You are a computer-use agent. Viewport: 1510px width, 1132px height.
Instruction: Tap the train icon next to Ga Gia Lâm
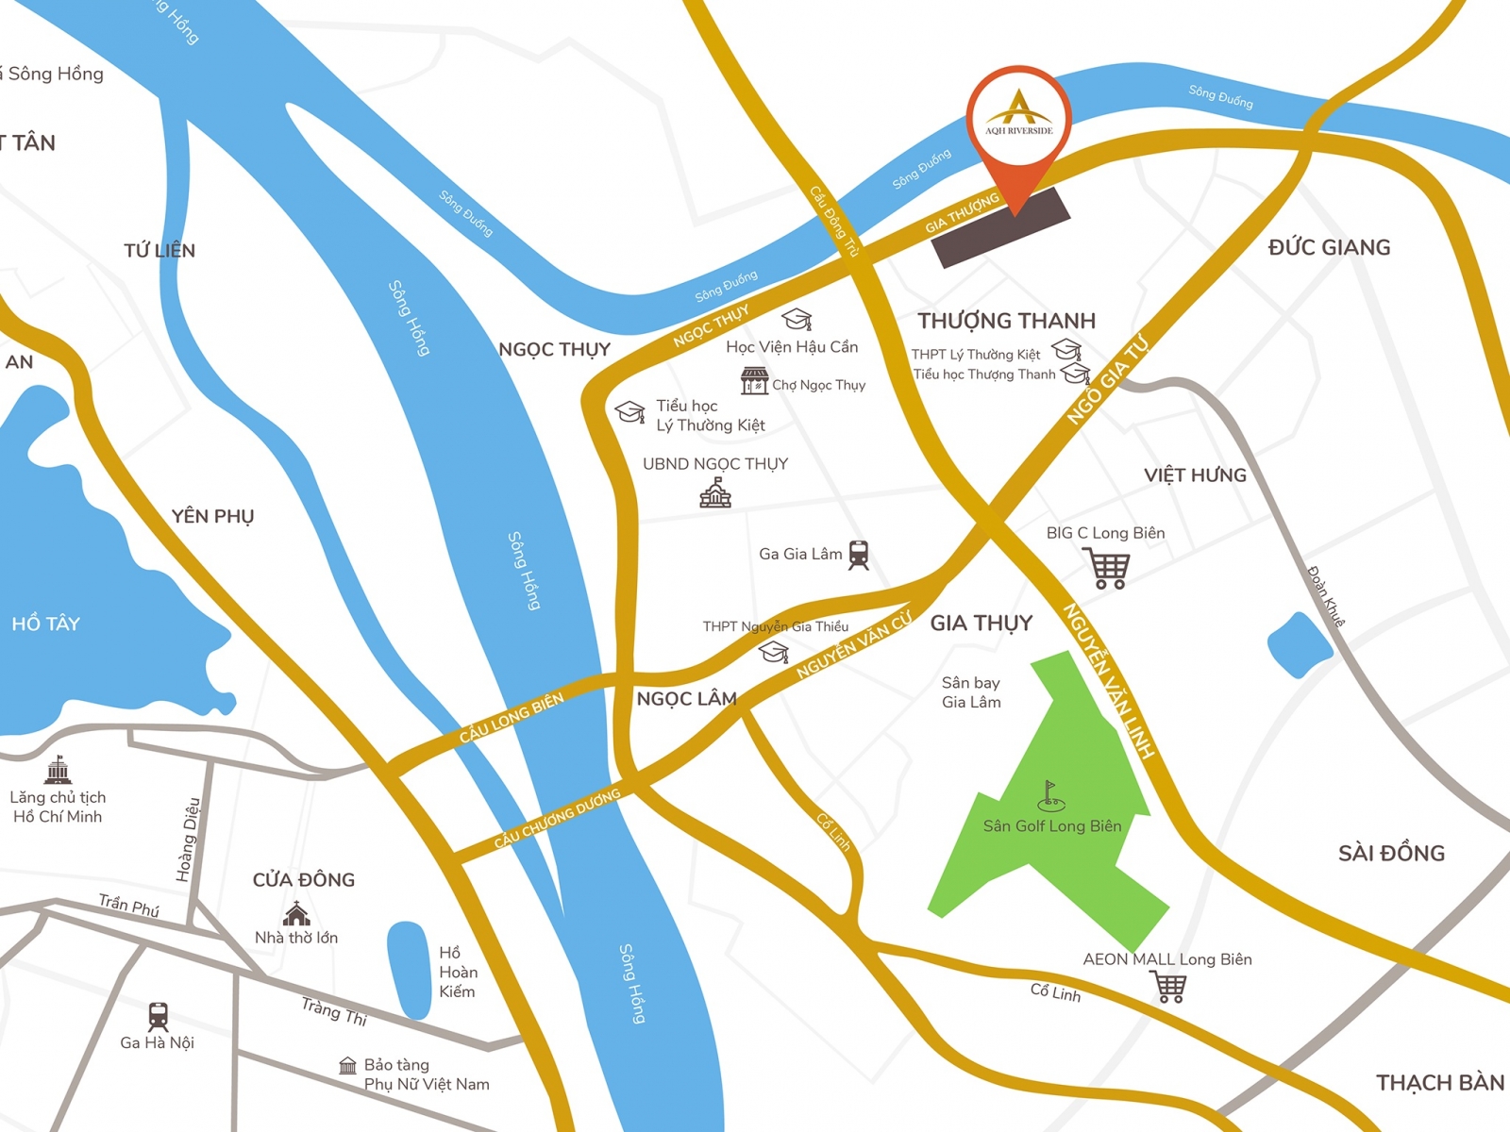point(858,555)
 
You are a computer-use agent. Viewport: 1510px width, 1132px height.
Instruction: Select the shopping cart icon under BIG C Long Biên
point(1108,568)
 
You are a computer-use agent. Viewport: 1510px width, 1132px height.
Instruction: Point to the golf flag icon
point(1050,796)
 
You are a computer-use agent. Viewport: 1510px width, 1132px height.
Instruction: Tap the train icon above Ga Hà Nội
point(158,1016)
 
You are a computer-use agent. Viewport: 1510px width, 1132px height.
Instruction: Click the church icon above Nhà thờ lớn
point(296,913)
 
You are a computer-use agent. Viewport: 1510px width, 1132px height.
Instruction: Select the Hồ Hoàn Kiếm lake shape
point(410,970)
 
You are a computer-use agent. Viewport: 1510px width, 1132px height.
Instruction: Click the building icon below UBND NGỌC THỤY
point(715,492)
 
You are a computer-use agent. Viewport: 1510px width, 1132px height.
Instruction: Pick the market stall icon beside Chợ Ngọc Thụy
point(754,381)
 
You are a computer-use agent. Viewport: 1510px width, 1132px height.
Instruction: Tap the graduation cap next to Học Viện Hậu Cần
point(797,319)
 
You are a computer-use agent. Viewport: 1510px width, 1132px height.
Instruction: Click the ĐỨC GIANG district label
point(1329,247)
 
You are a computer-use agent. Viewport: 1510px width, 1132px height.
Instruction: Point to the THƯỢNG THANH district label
point(1006,321)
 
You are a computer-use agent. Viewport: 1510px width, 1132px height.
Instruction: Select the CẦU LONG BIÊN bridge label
point(512,718)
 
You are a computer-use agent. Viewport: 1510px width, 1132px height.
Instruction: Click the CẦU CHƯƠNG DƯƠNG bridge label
point(557,818)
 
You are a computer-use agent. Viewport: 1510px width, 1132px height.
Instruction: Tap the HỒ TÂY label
point(45,624)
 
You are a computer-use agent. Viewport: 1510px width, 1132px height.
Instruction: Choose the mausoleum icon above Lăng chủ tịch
point(59,770)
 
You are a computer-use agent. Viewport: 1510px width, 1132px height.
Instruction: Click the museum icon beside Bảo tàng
point(348,1066)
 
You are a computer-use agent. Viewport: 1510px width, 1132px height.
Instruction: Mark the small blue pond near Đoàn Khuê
point(1300,645)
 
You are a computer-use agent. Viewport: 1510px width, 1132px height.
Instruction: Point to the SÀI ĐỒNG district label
point(1391,853)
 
